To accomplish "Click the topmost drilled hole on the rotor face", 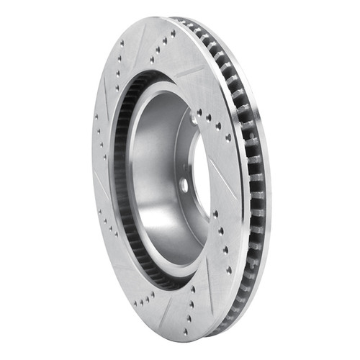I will coord(173,32).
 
